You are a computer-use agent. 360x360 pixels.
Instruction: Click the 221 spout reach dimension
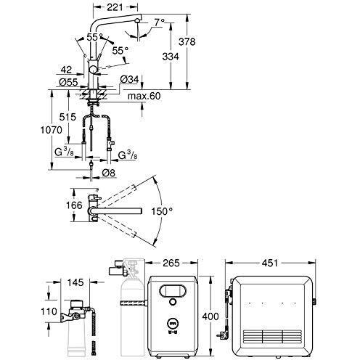115,7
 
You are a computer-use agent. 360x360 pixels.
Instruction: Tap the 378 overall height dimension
187,41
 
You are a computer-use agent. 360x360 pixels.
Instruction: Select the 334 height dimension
171,57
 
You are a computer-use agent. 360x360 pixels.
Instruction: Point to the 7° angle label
160,22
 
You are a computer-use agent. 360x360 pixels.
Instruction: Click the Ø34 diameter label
130,79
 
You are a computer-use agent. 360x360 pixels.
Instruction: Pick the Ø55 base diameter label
69,83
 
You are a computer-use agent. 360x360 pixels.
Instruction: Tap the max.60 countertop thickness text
144,96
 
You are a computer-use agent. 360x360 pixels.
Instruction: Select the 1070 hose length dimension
51,130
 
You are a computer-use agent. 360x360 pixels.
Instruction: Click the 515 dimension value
67,117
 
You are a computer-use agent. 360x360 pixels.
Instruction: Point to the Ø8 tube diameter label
108,173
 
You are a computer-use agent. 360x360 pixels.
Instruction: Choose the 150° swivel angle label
162,211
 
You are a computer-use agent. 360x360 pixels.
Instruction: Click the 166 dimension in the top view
74,205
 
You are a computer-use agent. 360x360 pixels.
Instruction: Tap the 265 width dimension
171,263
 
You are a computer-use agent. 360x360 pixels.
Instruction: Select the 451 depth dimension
270,263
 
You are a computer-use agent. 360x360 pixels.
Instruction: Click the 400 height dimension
210,316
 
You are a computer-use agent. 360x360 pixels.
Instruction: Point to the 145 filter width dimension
75,282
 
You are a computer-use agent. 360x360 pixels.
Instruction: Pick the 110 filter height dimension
49,311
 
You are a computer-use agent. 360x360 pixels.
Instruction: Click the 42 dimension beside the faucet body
66,70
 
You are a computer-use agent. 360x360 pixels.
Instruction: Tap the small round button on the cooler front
173,302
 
